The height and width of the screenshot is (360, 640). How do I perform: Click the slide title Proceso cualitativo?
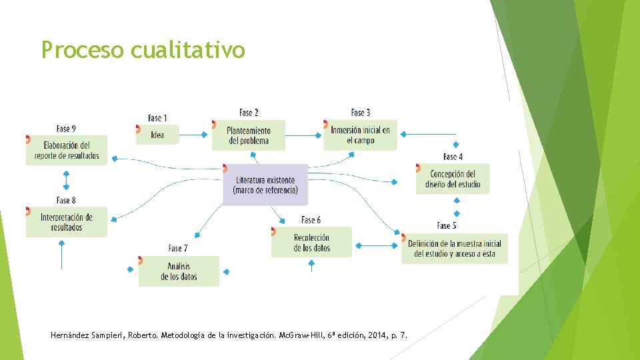click(143, 50)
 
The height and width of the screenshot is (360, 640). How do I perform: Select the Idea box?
click(157, 135)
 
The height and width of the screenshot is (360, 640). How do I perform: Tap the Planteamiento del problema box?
click(249, 135)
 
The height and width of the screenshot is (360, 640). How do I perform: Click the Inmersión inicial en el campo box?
click(360, 135)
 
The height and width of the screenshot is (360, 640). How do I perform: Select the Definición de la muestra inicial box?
click(455, 249)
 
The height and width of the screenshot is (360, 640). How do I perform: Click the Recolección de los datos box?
click(311, 243)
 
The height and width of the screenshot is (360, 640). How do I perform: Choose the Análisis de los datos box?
click(179, 271)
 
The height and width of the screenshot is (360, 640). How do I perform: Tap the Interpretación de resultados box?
click(66, 222)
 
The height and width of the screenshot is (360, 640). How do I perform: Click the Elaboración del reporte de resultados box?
click(67, 150)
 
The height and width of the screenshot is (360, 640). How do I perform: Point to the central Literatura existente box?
click(265, 185)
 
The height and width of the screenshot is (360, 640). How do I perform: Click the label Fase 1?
click(157, 118)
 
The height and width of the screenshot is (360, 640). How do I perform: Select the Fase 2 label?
click(249, 113)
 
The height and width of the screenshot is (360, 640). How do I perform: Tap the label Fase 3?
click(360, 113)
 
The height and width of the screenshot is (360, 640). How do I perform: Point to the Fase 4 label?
click(453, 157)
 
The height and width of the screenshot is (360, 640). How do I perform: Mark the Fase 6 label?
click(311, 220)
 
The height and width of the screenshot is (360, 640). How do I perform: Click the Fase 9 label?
click(66, 129)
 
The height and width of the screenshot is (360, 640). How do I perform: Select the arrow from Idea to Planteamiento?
click(194, 135)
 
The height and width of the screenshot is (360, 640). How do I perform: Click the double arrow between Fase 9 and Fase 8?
click(66, 180)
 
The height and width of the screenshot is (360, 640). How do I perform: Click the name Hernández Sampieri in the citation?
click(87, 335)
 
